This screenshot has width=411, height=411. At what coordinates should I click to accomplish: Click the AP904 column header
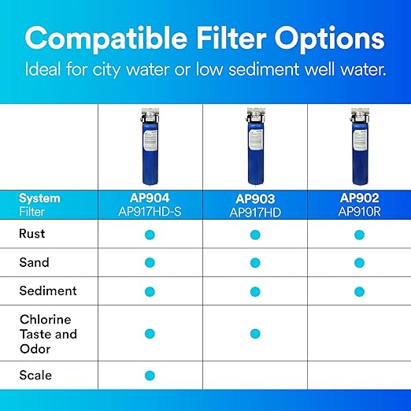(x=150, y=198)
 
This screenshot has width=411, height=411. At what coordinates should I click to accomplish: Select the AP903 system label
(x=254, y=199)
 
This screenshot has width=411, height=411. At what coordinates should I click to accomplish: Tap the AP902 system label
(x=359, y=198)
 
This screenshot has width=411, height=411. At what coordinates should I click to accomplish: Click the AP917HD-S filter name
(x=150, y=211)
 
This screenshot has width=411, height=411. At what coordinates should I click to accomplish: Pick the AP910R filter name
(x=359, y=211)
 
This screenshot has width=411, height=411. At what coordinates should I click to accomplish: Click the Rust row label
(x=32, y=234)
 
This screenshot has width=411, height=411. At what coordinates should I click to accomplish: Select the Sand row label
(x=34, y=262)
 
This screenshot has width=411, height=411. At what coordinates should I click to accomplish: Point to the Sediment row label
(x=48, y=291)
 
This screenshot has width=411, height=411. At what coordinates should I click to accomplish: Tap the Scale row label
(x=35, y=375)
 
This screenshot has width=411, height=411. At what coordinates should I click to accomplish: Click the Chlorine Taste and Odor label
(x=48, y=334)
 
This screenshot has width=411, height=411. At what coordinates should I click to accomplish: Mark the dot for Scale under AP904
(x=150, y=376)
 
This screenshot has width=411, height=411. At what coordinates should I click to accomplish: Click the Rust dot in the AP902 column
(x=359, y=235)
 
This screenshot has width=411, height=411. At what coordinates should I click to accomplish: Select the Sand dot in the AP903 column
(x=254, y=263)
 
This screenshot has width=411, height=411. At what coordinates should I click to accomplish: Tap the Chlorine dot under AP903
(x=254, y=334)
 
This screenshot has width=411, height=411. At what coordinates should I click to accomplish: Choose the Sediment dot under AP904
(x=150, y=291)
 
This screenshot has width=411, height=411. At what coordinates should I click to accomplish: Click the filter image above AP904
(x=150, y=146)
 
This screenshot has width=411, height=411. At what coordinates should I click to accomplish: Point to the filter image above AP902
(x=359, y=146)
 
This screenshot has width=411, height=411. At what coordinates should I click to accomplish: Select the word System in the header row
(x=39, y=198)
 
